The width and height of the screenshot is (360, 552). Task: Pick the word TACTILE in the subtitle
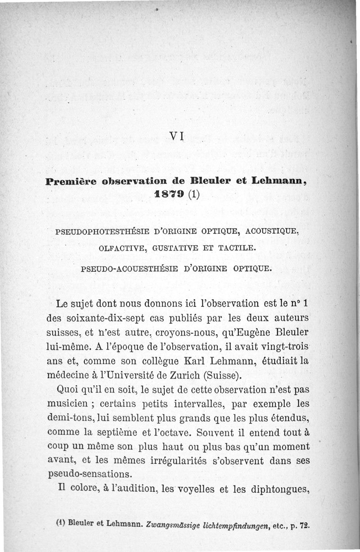pyautogui.click(x=239, y=248)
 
